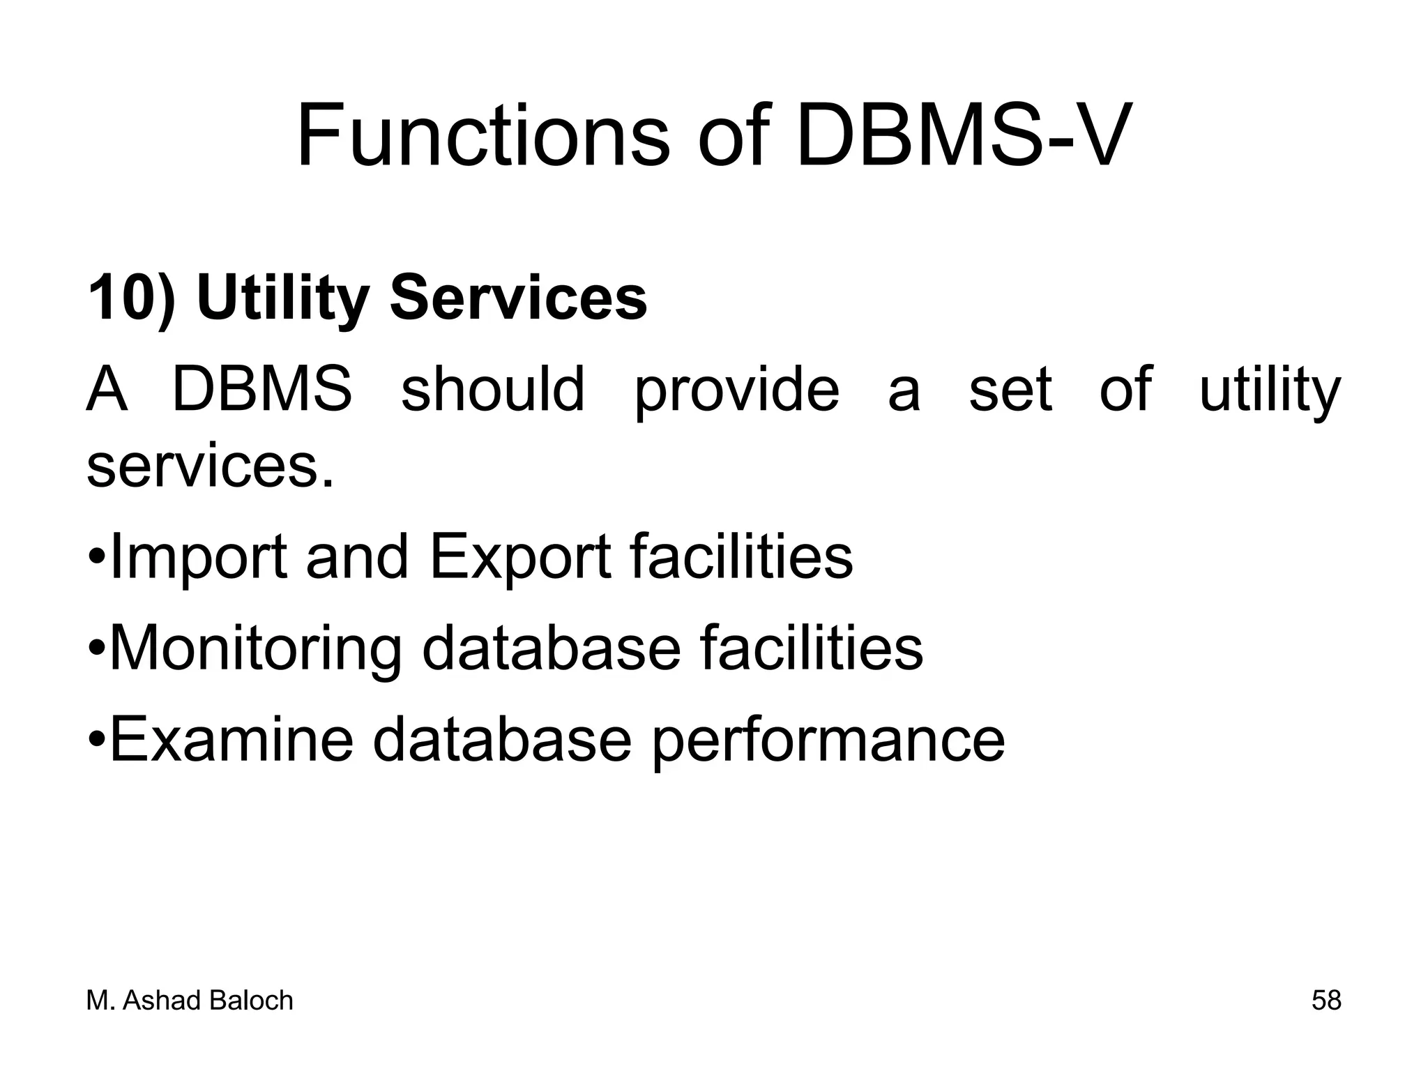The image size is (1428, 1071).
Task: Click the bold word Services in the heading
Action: coord(518,298)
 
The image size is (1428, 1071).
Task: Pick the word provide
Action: coord(736,390)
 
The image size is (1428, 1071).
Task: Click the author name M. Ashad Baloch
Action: coord(190,1001)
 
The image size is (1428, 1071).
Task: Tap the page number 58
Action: coord(1326,1001)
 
